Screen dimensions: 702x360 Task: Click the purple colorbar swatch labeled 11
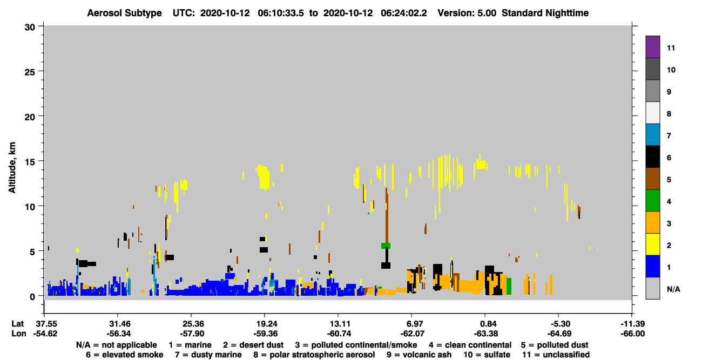652,46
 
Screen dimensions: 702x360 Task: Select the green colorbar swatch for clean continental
652,201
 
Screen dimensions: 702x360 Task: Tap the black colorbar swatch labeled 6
652,157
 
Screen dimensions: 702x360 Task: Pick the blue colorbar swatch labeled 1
652,266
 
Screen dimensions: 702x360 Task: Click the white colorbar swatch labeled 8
652,113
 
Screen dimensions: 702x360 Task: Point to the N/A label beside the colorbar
673,289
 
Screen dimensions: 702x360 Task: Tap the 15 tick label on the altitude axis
30,162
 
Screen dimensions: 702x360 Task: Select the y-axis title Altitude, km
12,167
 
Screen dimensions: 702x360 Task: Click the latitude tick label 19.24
265,324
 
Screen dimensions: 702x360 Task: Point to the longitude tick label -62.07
412,334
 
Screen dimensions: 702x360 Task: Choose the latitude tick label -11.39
632,324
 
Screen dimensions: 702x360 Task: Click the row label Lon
19,334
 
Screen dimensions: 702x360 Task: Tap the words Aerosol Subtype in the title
124,13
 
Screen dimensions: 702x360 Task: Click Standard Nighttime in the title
545,13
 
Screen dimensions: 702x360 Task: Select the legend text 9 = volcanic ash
419,355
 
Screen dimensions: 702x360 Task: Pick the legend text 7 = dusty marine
208,355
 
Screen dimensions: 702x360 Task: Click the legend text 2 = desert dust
253,345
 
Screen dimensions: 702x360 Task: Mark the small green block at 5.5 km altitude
386,246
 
